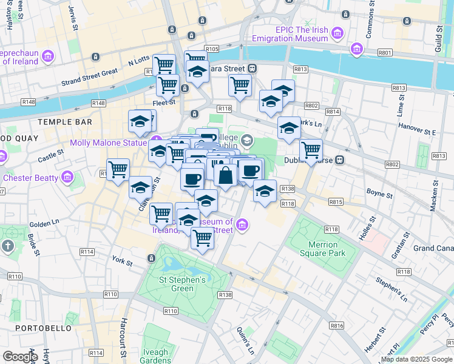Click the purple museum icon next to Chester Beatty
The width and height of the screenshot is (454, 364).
point(67,178)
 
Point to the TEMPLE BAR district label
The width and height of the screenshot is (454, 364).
point(65,122)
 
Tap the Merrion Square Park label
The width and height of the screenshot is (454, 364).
point(323,249)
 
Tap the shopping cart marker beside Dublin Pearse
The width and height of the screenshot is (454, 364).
point(311,149)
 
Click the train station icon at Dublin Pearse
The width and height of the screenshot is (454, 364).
point(341,161)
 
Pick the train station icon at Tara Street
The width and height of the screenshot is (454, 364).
point(252,69)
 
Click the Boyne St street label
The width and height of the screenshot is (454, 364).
point(379,195)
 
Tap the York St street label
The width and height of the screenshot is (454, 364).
point(122,261)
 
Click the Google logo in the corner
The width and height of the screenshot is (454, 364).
point(20,357)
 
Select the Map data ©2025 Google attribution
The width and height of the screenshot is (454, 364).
point(416,360)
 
